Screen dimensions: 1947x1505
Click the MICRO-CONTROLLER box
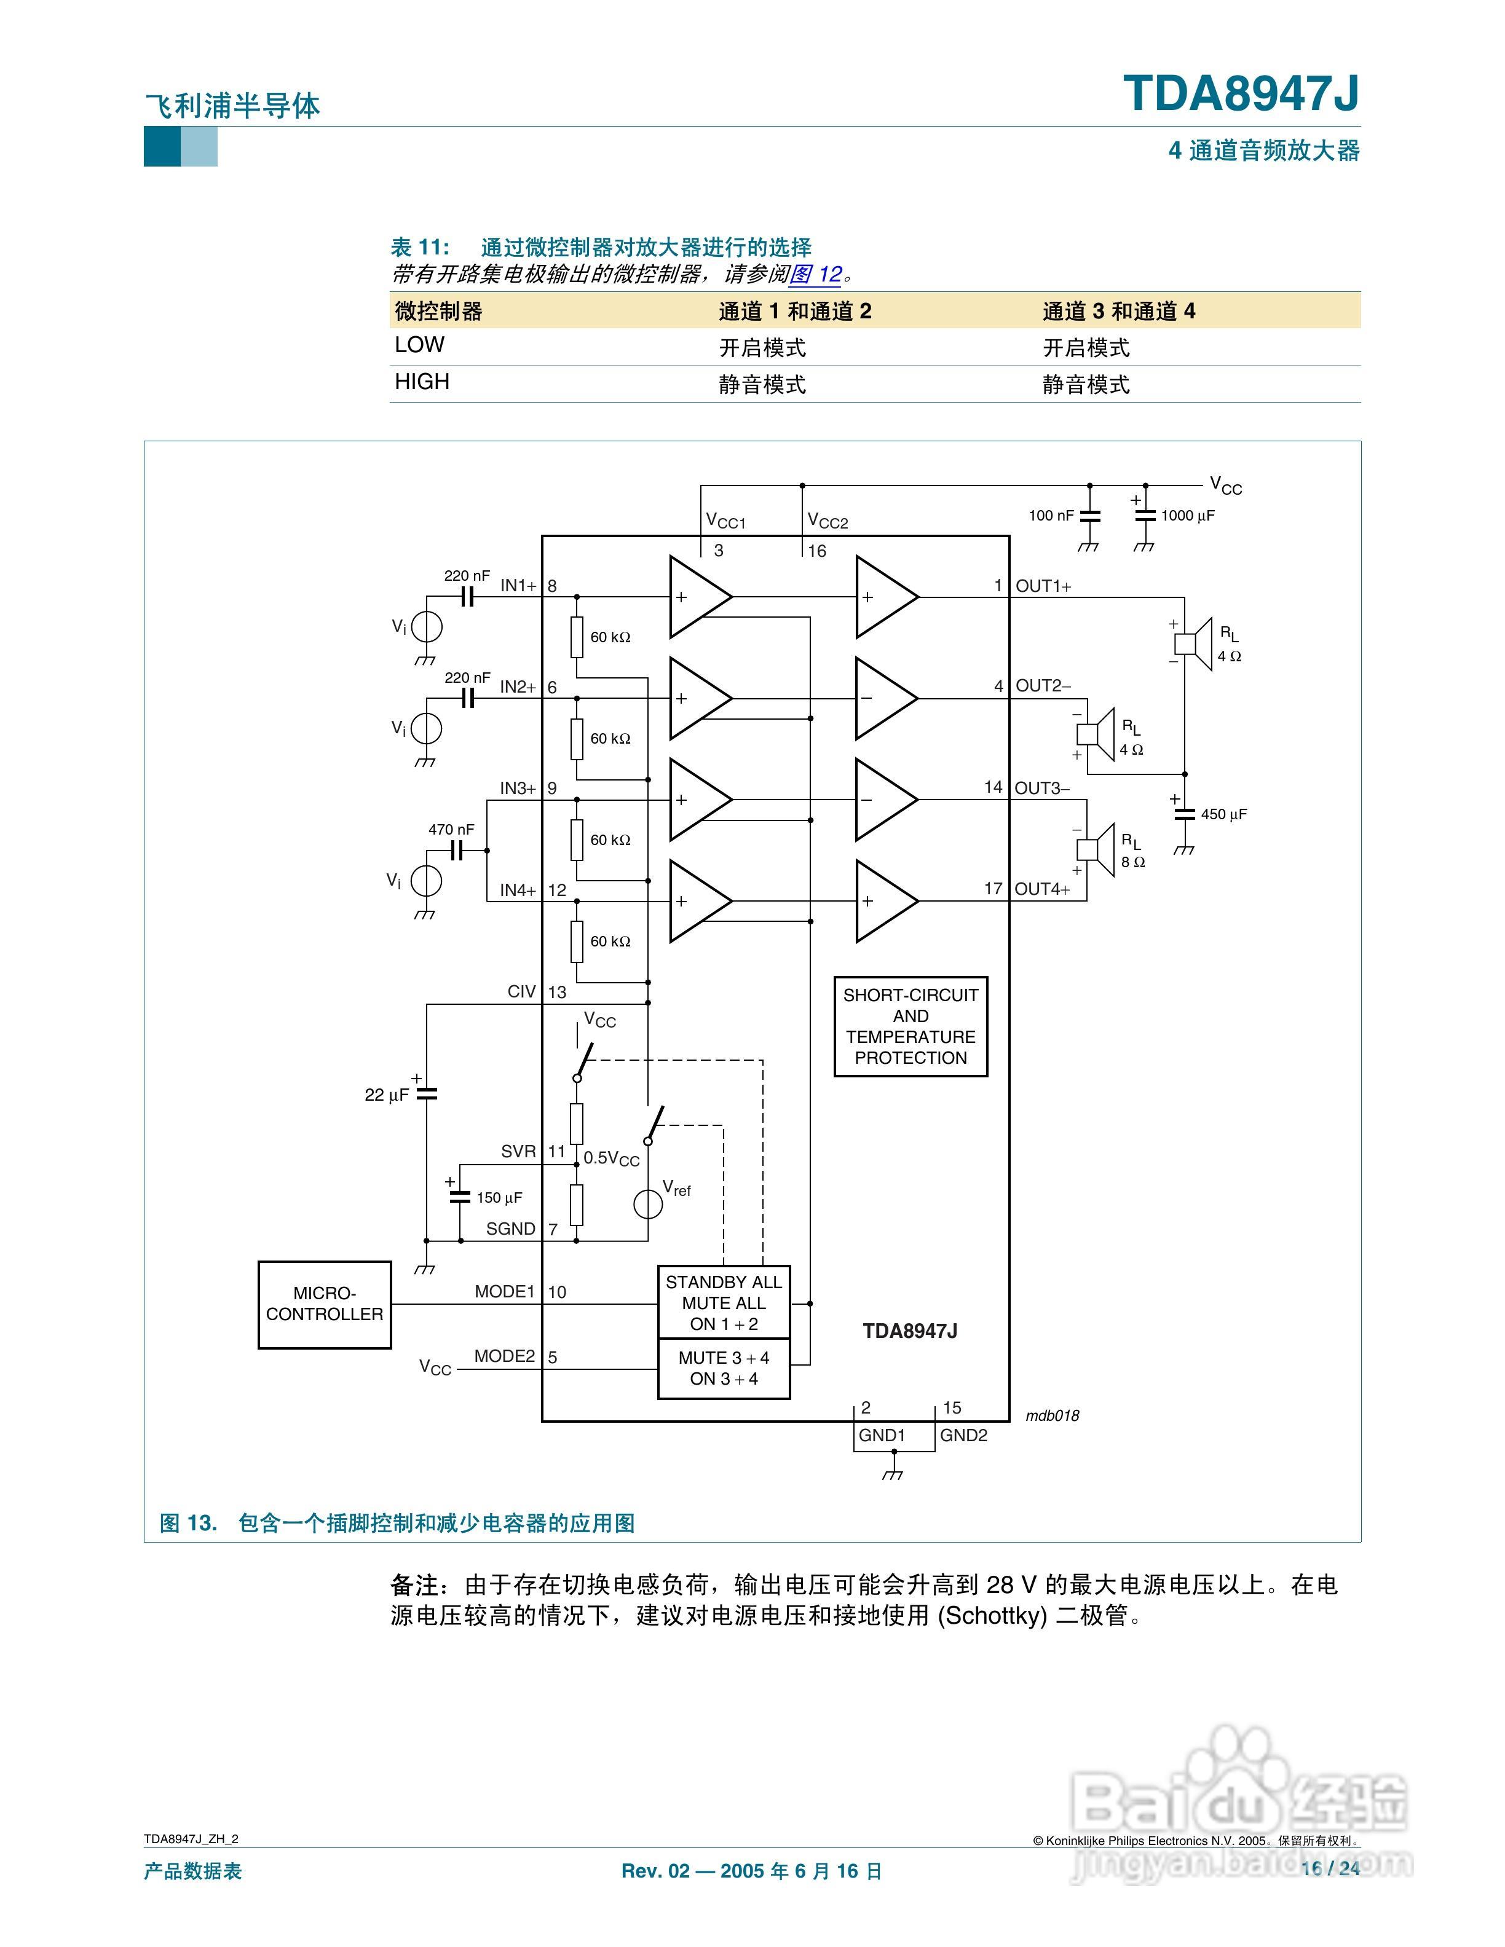tap(325, 1304)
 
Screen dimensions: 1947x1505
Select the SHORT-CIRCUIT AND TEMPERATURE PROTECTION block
tap(911, 1026)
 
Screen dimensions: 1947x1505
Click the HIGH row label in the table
tap(422, 382)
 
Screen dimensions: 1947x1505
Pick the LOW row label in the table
tap(419, 345)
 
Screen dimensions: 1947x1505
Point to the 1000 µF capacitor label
tap(1188, 515)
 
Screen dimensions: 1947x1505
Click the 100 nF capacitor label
tap(1051, 515)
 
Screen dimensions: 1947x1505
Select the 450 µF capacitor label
tap(1223, 814)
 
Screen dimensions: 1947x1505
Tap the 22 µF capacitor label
tap(386, 1095)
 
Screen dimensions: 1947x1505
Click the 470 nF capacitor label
tap(451, 829)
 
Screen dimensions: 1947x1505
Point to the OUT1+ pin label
tap(1043, 586)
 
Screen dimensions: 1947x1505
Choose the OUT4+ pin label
tap(1041, 889)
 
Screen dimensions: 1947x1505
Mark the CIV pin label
tap(521, 991)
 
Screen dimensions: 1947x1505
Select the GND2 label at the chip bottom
tap(964, 1435)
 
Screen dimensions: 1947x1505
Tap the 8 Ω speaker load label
tap(1133, 862)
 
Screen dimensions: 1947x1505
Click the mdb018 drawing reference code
tap(1052, 1415)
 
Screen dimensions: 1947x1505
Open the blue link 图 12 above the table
tap(815, 275)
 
